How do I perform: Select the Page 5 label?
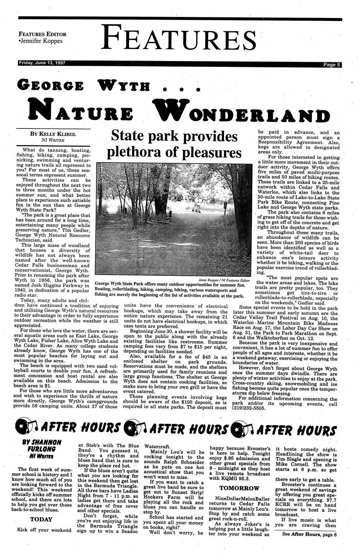coord(331,65)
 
